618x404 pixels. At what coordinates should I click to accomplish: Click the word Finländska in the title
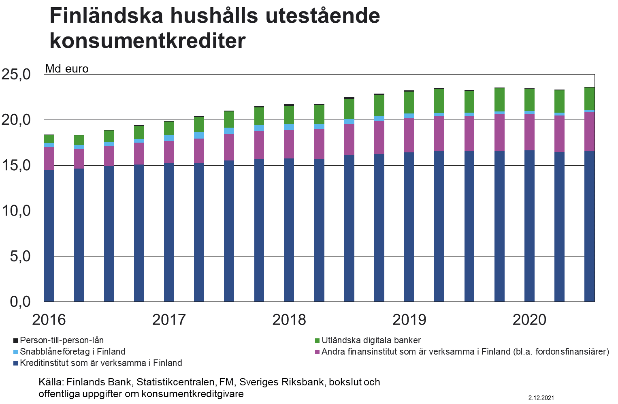tap(107, 16)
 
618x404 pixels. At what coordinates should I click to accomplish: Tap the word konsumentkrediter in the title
tap(147, 41)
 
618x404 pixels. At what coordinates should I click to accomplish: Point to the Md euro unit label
tap(67, 69)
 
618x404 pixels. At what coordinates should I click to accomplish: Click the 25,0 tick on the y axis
tap(16, 75)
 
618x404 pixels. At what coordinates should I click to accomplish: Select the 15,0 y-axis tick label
tap(16, 165)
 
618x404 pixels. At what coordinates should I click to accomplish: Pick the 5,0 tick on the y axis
tap(20, 256)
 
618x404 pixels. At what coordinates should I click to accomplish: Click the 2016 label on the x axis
tap(49, 320)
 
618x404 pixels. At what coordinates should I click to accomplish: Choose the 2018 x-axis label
tap(289, 320)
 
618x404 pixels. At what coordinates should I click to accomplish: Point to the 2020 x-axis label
tap(529, 320)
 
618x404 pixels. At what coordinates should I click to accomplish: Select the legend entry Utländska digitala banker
tap(371, 340)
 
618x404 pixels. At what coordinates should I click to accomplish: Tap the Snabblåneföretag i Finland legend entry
tap(72, 352)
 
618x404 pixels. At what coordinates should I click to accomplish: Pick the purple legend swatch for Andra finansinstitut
tap(318, 352)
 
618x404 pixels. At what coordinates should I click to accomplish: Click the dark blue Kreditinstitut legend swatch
tap(16, 363)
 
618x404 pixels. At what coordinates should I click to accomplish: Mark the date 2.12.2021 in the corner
tap(541, 398)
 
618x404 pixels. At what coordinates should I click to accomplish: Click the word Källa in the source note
tap(50, 382)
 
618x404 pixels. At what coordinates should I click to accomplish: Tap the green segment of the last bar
tap(589, 98)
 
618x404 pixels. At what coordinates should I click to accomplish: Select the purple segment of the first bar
tap(49, 158)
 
